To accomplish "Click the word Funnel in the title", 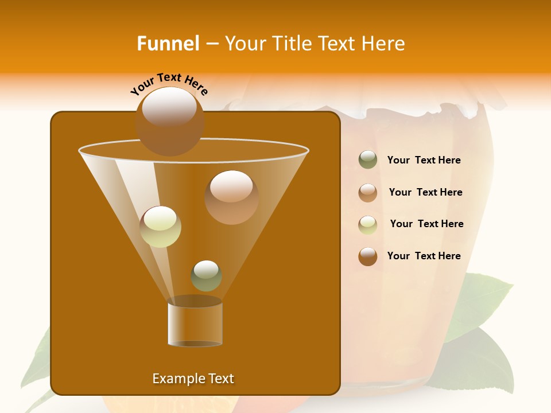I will click(x=168, y=44).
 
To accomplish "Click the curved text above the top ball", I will click(x=169, y=84).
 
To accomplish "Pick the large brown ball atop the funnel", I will click(x=169, y=121).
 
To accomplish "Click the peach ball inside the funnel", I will click(x=231, y=197).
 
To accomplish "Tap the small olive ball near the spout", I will click(x=207, y=275).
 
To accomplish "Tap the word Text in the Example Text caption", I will click(x=221, y=379).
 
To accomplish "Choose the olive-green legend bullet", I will click(x=368, y=160).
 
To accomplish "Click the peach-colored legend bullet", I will click(x=368, y=192).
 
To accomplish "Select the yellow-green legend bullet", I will click(x=368, y=224).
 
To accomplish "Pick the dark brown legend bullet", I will click(x=368, y=256).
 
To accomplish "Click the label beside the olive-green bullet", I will click(x=424, y=161).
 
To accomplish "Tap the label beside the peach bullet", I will click(x=425, y=193).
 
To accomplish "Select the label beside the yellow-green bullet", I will click(x=426, y=224).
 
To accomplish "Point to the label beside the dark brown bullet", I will click(x=424, y=256).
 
